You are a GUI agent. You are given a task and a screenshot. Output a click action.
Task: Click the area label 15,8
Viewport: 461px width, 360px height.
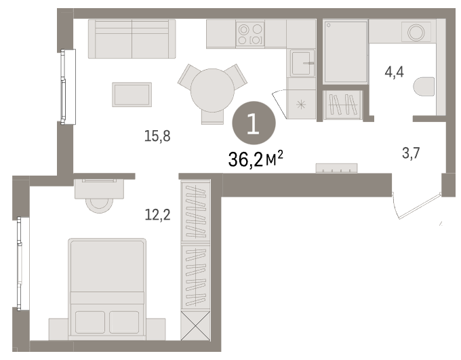pos(157,136)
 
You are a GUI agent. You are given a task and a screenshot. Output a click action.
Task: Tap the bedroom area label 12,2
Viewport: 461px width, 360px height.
pos(157,215)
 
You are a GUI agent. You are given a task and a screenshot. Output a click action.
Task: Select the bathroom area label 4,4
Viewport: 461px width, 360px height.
pos(395,72)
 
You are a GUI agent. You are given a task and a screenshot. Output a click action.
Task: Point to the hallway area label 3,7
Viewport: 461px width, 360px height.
pos(411,153)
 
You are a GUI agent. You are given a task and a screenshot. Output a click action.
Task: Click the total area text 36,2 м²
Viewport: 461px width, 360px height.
pos(256,159)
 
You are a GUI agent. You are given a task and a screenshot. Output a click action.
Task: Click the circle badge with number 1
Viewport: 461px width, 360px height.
pos(254,123)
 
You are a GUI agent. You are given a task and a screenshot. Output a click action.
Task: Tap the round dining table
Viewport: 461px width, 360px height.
pos(212,90)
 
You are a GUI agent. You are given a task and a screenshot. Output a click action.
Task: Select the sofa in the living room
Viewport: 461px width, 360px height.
pos(132,39)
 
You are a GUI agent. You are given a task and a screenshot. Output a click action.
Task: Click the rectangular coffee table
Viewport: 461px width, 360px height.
pos(132,94)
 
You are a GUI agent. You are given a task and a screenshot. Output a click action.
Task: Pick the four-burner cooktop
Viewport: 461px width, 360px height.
pos(250,34)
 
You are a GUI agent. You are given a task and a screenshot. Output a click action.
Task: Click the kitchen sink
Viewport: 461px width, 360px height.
pos(302,63)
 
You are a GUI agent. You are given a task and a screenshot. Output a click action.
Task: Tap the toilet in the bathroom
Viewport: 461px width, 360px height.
pos(424,87)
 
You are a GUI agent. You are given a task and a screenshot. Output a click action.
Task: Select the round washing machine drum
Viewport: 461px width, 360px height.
pos(416,31)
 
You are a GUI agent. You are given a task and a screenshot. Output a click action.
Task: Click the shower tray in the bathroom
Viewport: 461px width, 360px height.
pos(346,52)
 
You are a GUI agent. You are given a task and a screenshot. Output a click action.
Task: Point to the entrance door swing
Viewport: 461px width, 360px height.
pos(417,205)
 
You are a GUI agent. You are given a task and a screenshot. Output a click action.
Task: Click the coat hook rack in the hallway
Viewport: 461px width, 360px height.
pos(336,168)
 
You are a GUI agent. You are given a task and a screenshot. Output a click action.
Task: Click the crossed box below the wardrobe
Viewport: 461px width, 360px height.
pos(195,325)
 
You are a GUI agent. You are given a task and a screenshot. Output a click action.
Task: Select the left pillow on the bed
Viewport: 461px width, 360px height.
pos(90,322)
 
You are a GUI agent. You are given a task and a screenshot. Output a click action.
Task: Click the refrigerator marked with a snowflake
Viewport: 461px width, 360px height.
pos(302,104)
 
